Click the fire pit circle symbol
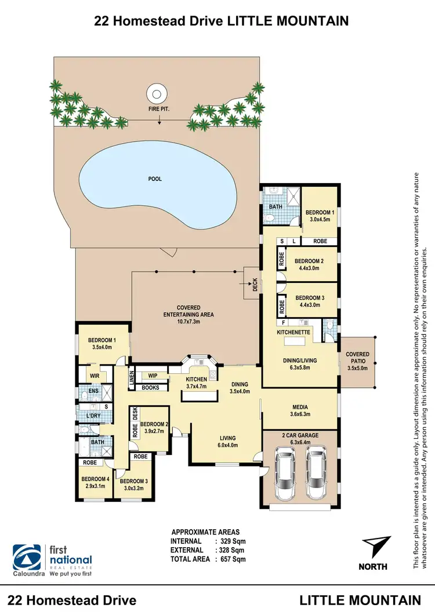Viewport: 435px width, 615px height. (155, 92)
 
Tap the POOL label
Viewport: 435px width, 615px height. (155, 179)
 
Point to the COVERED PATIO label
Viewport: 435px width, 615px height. (357, 358)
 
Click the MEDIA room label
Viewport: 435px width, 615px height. (300, 407)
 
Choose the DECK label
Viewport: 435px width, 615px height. (254, 285)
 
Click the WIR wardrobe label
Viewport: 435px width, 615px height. (95, 376)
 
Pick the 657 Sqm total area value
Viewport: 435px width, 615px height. (230, 559)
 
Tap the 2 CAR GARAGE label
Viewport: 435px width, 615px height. (300, 435)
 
